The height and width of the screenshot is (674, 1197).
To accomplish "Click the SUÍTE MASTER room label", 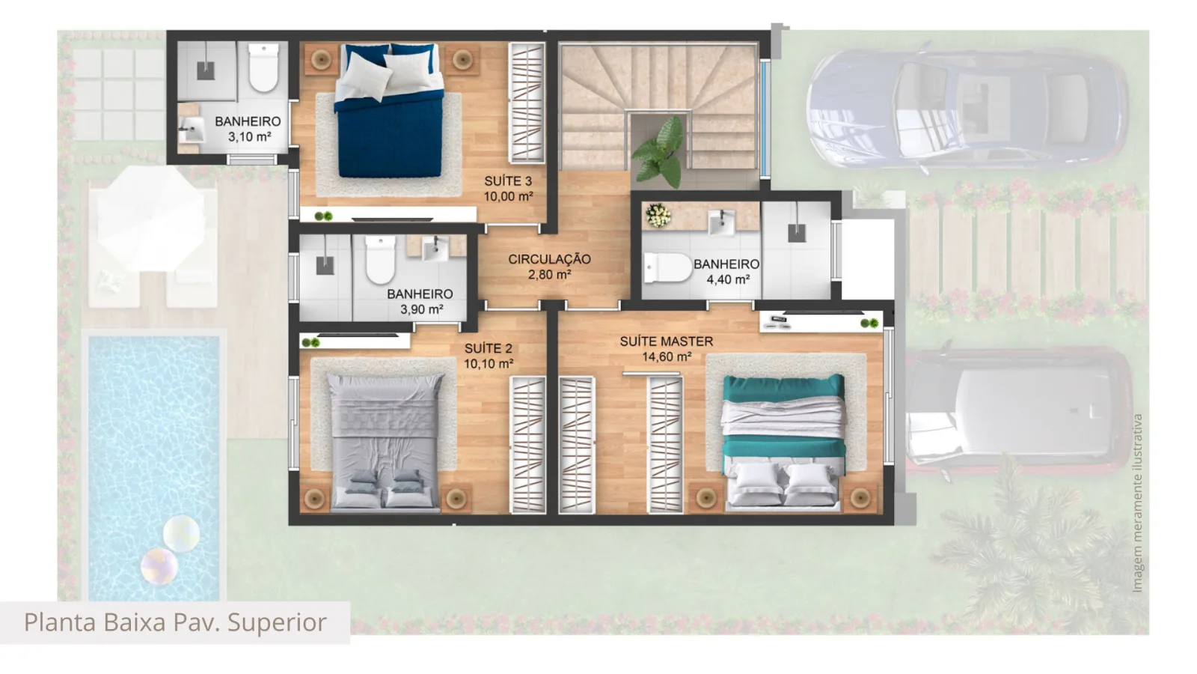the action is [x=667, y=341].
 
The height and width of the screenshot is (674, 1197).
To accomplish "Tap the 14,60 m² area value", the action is [x=667, y=356].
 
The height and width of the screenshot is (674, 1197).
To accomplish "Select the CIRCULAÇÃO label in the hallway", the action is [x=549, y=259].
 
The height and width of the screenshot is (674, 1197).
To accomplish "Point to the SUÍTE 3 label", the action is [x=508, y=180].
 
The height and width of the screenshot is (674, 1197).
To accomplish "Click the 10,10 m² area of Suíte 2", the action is [x=489, y=364].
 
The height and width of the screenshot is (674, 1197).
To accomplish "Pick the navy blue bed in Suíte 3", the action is [x=390, y=110].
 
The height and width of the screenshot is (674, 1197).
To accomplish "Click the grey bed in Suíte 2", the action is [x=385, y=442].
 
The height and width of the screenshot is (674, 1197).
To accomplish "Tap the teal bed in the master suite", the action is [x=783, y=442].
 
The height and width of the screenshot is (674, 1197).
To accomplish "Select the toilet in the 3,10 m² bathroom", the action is [x=263, y=68].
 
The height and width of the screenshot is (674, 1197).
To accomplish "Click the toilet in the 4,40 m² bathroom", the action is [x=668, y=267].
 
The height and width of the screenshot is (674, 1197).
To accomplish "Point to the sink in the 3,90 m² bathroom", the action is [x=435, y=249].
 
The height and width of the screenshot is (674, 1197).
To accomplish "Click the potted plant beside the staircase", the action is [x=660, y=154].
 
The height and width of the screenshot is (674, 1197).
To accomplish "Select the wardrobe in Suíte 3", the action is [x=527, y=103].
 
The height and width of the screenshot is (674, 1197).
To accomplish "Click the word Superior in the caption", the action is [x=277, y=622].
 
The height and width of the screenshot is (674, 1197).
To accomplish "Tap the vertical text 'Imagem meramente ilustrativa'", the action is [x=1137, y=503].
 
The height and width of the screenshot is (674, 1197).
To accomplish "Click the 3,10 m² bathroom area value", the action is [x=249, y=137].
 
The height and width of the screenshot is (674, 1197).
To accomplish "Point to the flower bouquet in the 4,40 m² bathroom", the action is [x=658, y=215].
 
